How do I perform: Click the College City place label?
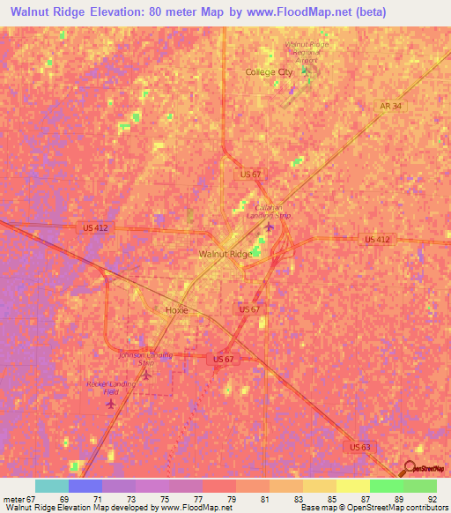(x=269, y=72)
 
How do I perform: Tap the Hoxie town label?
(x=177, y=310)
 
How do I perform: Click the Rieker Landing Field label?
(x=109, y=388)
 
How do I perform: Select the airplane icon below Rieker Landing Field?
(x=110, y=405)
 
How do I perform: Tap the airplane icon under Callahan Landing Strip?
(x=270, y=228)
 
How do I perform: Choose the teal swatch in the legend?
(x=51, y=486)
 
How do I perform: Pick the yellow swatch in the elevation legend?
(x=352, y=486)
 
